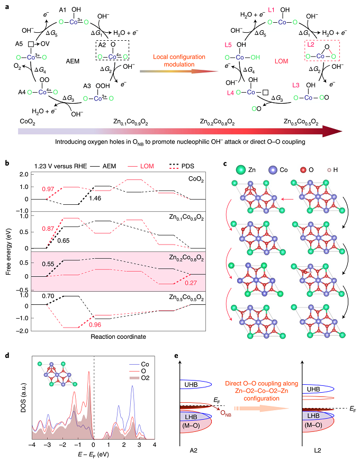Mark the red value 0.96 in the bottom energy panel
(x=94, y=324)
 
